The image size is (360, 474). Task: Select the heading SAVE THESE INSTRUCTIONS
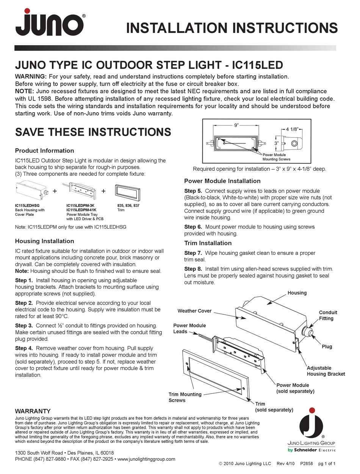coord(93,132)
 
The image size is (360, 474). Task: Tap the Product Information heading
coord(44,151)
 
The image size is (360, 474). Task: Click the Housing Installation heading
coord(44,241)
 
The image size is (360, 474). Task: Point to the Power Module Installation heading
coord(222,181)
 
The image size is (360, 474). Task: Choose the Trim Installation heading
coord(208,243)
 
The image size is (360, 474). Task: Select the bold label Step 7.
coord(195,253)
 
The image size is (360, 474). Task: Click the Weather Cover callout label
coord(194,311)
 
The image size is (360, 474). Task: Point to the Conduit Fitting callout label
coord(328,315)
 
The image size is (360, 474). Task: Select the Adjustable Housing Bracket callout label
coord(326,371)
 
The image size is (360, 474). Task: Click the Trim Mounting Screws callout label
coord(185,397)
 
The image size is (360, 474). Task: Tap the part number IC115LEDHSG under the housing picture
coord(28,206)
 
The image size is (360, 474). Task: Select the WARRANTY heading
coord(33,411)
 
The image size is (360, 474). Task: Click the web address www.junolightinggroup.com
coord(146,459)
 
